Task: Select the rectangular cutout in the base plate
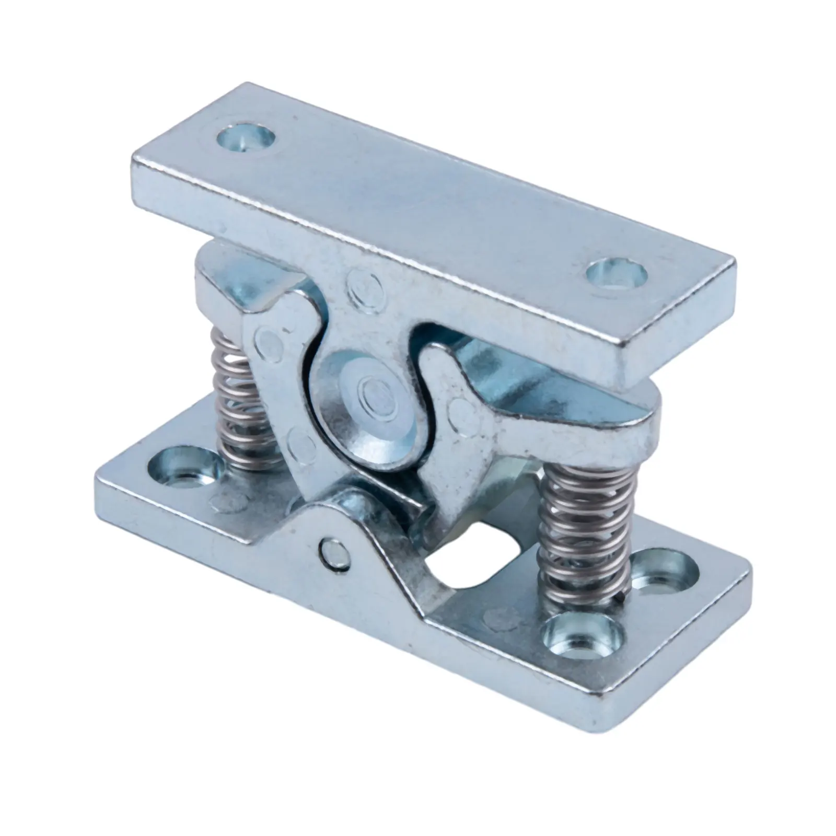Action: point(473,563)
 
